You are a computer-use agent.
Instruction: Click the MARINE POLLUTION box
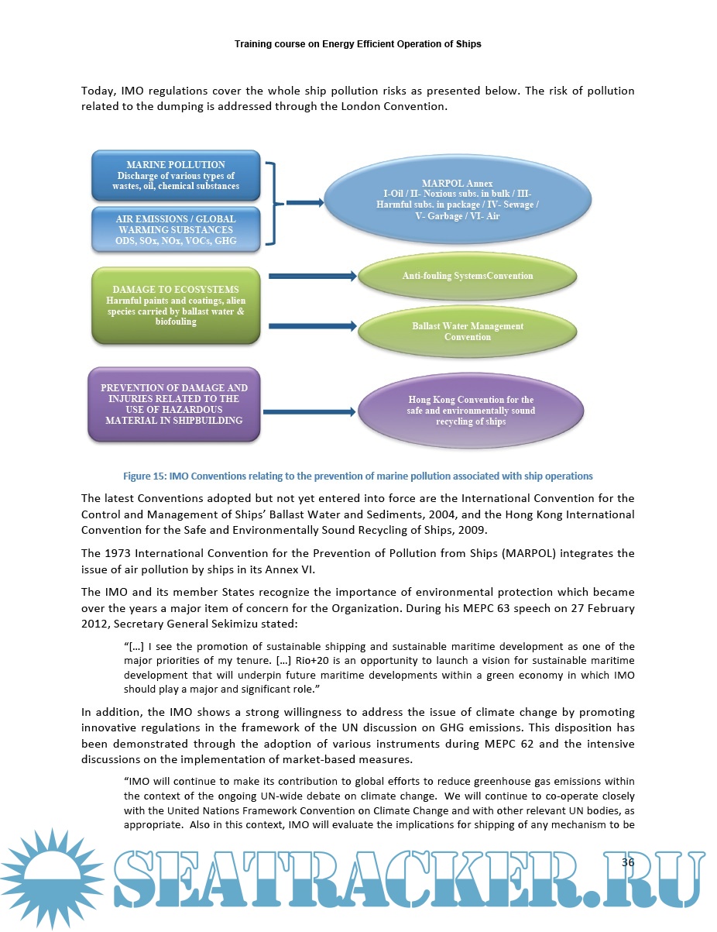click(176, 175)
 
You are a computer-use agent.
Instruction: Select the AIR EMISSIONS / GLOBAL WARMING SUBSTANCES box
click(176, 229)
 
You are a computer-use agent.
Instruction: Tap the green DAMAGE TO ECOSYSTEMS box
click(176, 304)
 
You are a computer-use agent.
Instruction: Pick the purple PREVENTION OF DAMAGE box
click(174, 404)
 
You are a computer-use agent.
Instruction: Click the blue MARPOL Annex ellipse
click(457, 200)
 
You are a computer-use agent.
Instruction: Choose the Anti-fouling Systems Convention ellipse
click(468, 276)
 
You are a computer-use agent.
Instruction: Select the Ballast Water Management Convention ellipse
click(468, 332)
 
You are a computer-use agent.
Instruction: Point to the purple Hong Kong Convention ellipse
click(471, 411)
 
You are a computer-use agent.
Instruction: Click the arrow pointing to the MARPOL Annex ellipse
click(304, 203)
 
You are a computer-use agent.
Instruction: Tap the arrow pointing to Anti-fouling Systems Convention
click(311, 276)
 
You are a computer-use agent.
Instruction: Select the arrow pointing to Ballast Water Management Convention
click(311, 326)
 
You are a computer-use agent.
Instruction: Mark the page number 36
click(627, 862)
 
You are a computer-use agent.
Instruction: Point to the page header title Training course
click(358, 44)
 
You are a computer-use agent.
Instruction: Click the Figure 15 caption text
click(358, 476)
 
